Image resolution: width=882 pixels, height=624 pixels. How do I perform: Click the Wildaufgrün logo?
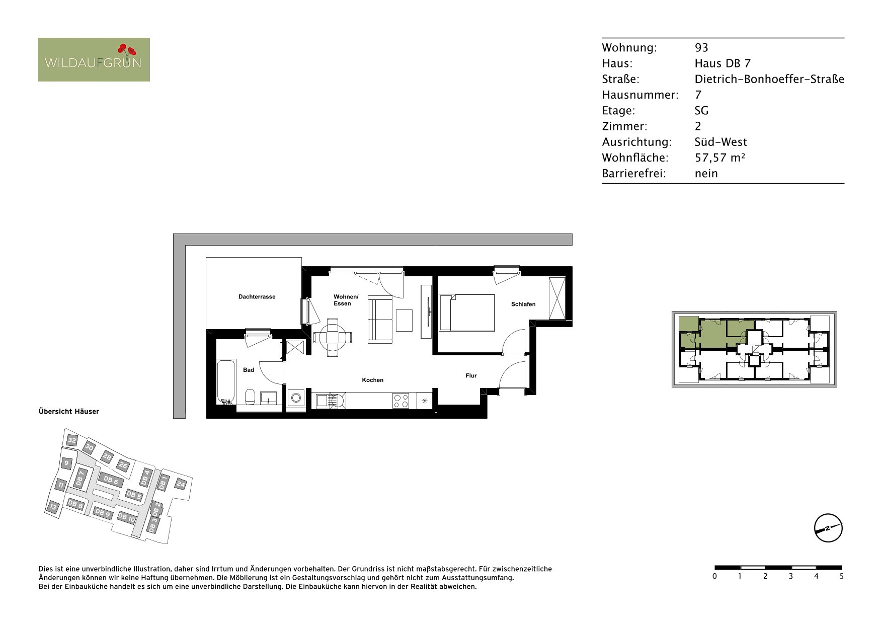coord(94,59)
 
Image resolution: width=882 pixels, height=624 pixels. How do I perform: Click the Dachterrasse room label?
coord(257,297)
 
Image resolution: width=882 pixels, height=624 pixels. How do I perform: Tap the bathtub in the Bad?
coord(226,382)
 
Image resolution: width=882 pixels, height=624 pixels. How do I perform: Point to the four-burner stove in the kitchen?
coord(401,401)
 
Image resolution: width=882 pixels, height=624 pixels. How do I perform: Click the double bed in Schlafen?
coord(467,313)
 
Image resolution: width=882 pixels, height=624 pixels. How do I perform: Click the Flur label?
coord(471,375)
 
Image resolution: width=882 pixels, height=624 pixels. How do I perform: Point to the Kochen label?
coord(373,380)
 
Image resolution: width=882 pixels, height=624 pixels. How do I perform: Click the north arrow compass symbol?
coord(828,528)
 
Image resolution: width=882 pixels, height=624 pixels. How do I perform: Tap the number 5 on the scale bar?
coord(842,576)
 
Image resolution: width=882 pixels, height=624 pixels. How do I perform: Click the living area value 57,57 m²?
coord(720,158)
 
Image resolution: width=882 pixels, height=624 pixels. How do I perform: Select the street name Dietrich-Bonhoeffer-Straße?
coord(769,79)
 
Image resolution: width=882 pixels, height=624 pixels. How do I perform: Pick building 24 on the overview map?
coord(181,485)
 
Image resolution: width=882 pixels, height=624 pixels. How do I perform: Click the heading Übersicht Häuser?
coord(69,411)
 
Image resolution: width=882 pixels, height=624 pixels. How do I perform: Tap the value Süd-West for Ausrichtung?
coord(721,142)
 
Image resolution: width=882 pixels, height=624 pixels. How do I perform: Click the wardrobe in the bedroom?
coord(557,298)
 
